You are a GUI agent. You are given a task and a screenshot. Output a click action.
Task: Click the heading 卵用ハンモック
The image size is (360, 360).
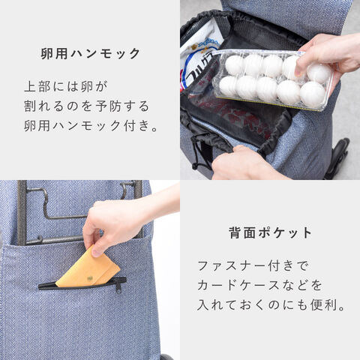click(91, 53)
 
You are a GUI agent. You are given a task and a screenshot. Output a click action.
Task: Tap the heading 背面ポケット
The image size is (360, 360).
click(270, 232)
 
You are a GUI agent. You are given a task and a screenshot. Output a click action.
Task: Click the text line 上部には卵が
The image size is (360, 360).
click(66, 86)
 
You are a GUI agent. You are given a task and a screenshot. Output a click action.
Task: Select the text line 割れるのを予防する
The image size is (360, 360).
click(86, 106)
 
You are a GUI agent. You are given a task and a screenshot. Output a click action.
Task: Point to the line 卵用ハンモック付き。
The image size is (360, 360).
click(91, 125)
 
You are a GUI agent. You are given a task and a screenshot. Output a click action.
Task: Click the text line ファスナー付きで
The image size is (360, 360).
click(253, 265)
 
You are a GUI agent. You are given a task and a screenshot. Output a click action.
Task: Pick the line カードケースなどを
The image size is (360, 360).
click(259, 285)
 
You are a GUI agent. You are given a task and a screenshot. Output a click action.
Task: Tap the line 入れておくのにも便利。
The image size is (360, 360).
click(271, 304)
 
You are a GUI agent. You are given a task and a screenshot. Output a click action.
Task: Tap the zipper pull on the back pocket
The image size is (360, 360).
click(118, 288)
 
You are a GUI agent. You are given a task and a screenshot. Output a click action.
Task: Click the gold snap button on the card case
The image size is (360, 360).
click(88, 278)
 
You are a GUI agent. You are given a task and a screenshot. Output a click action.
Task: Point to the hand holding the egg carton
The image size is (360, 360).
click(330, 58)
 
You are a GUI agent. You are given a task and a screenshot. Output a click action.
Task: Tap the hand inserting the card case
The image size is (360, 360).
click(118, 220)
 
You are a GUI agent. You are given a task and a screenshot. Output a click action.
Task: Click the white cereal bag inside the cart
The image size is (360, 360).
click(200, 58)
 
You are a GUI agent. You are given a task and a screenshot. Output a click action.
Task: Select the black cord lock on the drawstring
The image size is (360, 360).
click(195, 166)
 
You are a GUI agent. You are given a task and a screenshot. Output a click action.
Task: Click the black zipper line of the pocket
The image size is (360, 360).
click(82, 284)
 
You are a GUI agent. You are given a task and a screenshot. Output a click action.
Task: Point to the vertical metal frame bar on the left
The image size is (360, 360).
click(22, 212)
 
